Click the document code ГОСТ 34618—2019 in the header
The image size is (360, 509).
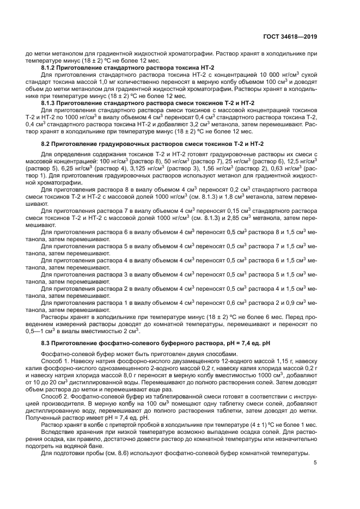pos(289,37)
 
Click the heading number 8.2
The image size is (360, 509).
pos(47,144)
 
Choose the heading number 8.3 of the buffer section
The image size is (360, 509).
pos(47,344)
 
